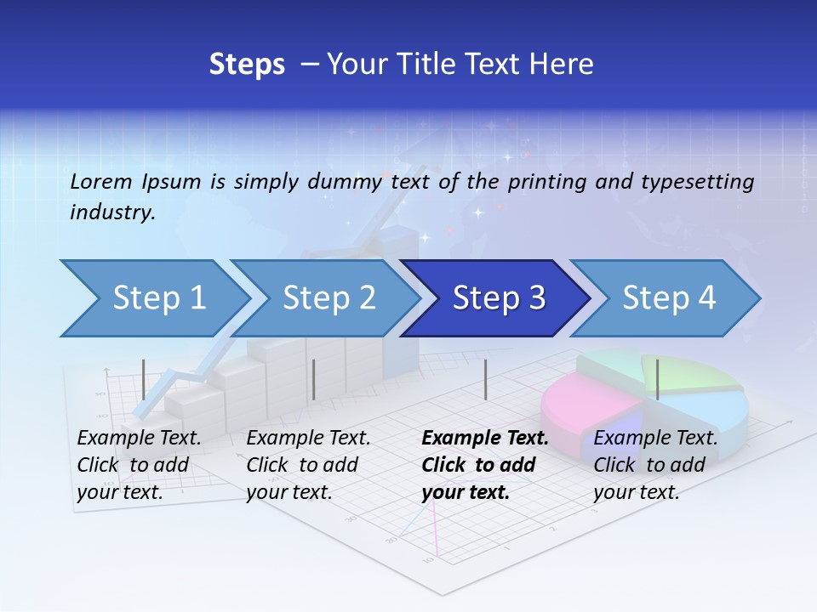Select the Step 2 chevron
pos(329,298)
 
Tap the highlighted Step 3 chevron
pos(499,298)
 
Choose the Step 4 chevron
pos(669,298)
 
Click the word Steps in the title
pos(247,65)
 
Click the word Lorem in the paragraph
pos(101,182)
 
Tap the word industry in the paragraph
pos(112,212)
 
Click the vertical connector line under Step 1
pos(144,379)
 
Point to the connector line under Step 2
pos(314,379)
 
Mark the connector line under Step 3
pos(485,379)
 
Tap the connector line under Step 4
pos(657,379)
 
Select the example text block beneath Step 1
pos(138,465)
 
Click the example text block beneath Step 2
pos(307,465)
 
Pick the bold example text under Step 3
pos(483,465)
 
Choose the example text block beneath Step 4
pos(654,465)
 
